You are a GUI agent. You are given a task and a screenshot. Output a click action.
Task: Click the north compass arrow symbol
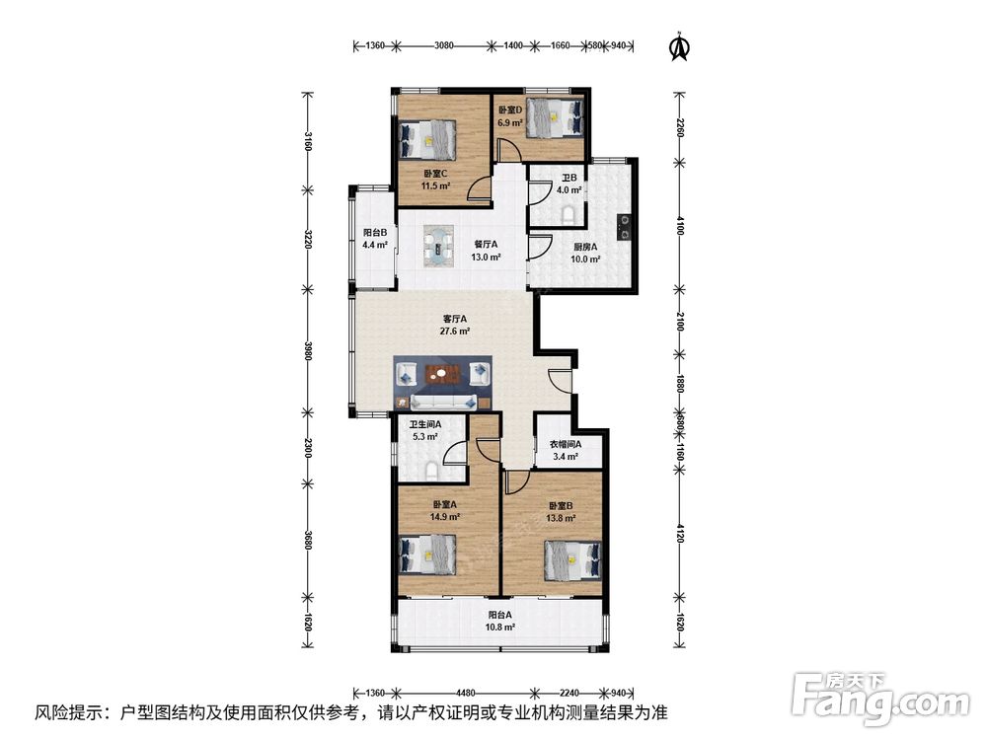coord(679,46)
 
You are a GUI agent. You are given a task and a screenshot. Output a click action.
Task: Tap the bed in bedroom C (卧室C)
coord(428,139)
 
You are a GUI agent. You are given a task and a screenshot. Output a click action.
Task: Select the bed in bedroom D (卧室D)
coord(555,117)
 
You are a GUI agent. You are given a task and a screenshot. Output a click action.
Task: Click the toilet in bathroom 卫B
coord(569,214)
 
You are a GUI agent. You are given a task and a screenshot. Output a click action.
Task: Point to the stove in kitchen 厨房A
coord(624,227)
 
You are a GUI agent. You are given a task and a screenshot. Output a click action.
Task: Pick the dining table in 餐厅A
coord(439,246)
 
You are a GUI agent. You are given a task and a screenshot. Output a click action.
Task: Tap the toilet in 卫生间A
coord(432,472)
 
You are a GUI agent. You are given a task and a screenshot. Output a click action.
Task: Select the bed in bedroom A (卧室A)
coord(428,554)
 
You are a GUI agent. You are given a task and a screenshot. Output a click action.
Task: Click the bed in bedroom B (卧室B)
coord(572,560)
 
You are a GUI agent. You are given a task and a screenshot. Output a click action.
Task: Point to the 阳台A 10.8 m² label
coord(501,621)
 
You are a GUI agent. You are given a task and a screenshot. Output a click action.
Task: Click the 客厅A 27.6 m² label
coord(456,325)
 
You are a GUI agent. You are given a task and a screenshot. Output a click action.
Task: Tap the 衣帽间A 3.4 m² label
coord(566,450)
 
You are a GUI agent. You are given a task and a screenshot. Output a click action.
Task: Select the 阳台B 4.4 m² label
coord(375,239)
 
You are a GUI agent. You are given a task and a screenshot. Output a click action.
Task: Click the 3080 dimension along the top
coord(444,45)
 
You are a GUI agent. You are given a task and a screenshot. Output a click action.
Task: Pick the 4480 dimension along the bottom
coord(466,693)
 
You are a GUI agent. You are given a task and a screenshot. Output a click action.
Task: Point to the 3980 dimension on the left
coord(308,350)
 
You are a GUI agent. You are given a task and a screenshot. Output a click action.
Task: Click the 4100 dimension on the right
coord(679,225)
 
